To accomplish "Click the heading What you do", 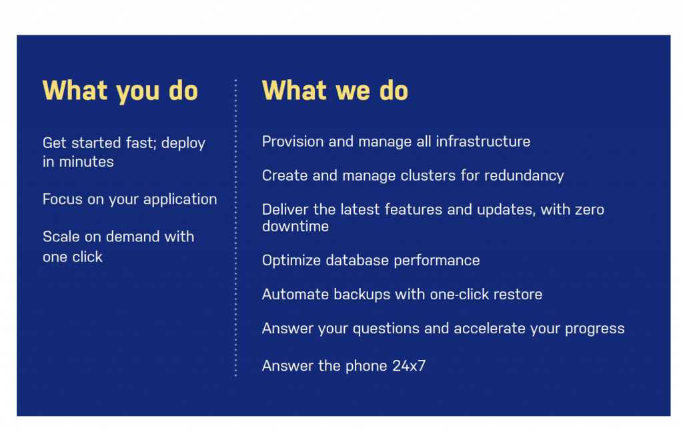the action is [x=120, y=91].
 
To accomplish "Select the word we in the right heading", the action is [x=353, y=91].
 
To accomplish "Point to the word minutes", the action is [x=86, y=161].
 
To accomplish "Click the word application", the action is [x=180, y=200].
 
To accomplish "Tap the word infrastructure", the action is [x=483, y=141].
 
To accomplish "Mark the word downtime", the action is [x=295, y=227].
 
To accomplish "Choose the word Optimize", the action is [x=291, y=261].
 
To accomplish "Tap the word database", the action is [x=358, y=261].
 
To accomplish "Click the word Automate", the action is [x=295, y=295].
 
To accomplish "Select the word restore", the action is [x=518, y=295].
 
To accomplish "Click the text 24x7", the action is [x=409, y=366].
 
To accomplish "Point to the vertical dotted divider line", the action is [x=235, y=227].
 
